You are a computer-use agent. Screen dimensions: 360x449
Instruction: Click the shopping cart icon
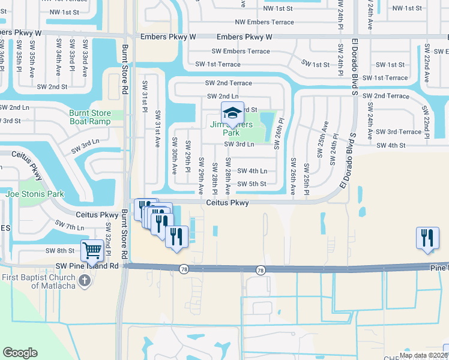coord(93,251)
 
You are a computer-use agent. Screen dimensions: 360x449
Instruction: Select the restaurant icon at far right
coord(427,237)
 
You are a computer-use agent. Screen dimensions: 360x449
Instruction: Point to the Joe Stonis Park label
coord(35,194)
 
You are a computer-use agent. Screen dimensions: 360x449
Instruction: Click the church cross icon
coord(85,280)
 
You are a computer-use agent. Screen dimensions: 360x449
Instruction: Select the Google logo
coord(20,353)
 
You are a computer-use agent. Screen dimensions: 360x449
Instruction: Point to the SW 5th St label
coord(251,184)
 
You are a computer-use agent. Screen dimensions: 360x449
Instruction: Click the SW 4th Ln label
coord(252,171)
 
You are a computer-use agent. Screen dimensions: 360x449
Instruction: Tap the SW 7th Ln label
coord(69,226)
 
